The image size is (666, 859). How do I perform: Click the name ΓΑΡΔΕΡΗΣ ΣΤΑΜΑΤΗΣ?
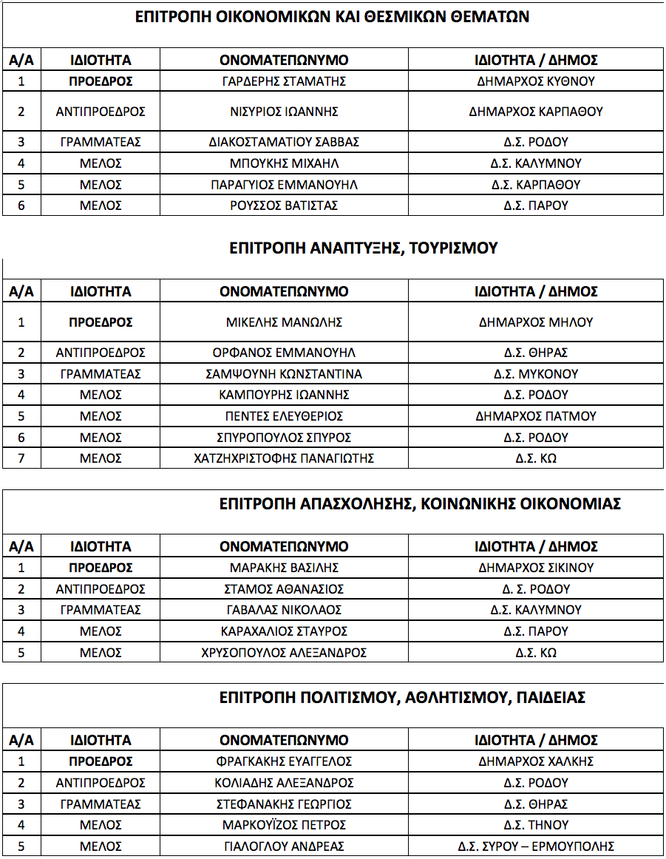pyautogui.click(x=284, y=81)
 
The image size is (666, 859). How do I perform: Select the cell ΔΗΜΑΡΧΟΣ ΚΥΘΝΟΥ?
pyautogui.click(x=536, y=81)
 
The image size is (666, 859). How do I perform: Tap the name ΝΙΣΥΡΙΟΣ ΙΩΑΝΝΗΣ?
pyautogui.click(x=284, y=112)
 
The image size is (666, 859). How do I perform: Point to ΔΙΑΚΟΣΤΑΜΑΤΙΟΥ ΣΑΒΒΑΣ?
pyautogui.click(x=284, y=142)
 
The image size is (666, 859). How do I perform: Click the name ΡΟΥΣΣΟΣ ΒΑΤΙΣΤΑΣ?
pyautogui.click(x=284, y=206)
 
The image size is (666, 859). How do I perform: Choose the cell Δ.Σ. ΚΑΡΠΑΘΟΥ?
pyautogui.click(x=536, y=185)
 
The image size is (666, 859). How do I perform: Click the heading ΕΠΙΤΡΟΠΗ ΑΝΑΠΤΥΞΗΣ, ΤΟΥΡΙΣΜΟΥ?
pyautogui.click(x=364, y=248)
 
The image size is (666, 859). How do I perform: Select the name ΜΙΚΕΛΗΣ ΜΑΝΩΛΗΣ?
pyautogui.click(x=284, y=322)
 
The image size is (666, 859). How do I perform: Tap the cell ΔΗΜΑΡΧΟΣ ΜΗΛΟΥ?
pyautogui.click(x=536, y=322)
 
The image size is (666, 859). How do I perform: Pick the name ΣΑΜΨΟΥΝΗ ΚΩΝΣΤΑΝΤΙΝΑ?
pyautogui.click(x=284, y=374)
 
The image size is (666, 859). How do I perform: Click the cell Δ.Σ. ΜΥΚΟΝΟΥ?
pyautogui.click(x=536, y=374)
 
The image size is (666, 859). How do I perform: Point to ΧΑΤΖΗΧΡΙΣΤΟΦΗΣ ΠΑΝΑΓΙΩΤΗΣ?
pyautogui.click(x=284, y=458)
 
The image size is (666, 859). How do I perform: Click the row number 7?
pyautogui.click(x=21, y=458)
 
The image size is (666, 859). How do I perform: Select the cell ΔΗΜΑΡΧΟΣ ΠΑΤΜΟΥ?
pyautogui.click(x=536, y=416)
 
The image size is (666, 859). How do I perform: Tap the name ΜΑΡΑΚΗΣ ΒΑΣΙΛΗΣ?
pyautogui.click(x=284, y=568)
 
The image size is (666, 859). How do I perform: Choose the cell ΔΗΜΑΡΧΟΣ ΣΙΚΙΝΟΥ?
pyautogui.click(x=536, y=568)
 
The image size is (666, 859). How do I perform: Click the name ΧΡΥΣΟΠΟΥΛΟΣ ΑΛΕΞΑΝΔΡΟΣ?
pyautogui.click(x=284, y=653)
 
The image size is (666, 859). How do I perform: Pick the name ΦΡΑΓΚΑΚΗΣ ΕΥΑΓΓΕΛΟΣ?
pyautogui.click(x=284, y=761)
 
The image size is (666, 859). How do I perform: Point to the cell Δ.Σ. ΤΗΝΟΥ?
pyautogui.click(x=536, y=825)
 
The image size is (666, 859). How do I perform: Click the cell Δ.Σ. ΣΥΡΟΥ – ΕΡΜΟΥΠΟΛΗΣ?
pyautogui.click(x=536, y=846)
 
